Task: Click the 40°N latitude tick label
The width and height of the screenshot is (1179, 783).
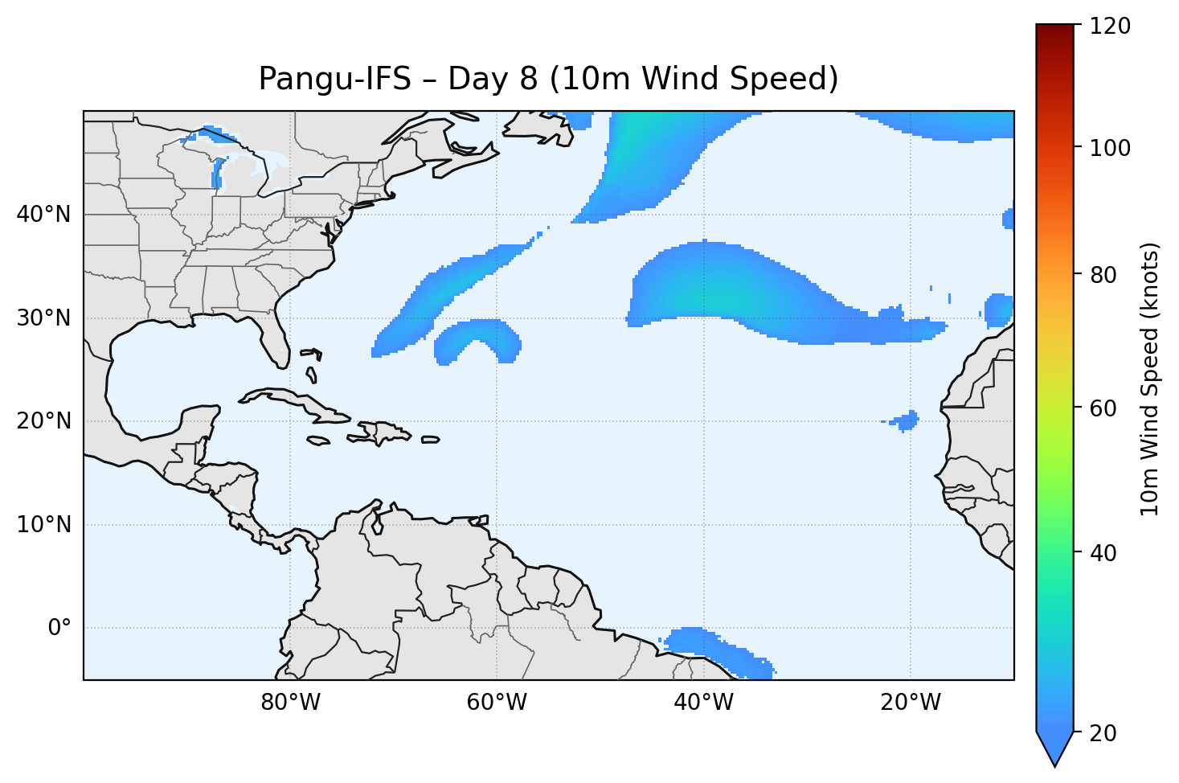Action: coord(43,215)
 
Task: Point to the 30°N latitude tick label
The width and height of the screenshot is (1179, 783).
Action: coord(43,318)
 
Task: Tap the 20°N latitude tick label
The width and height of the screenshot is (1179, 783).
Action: coord(43,421)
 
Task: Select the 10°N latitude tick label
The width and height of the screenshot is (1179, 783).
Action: coord(43,525)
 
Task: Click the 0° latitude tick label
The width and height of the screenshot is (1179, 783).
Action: coord(59,628)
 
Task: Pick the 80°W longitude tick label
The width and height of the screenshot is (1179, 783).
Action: coord(290,703)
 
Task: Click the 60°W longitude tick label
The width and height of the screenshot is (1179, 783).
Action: coord(497,703)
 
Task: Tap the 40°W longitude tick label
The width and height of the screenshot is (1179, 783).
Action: coord(703,703)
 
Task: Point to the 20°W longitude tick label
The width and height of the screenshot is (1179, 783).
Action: coord(910,703)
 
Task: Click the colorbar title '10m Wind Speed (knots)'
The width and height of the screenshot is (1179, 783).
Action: coord(1150,379)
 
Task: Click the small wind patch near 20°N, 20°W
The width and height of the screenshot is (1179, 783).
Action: coord(907,420)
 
